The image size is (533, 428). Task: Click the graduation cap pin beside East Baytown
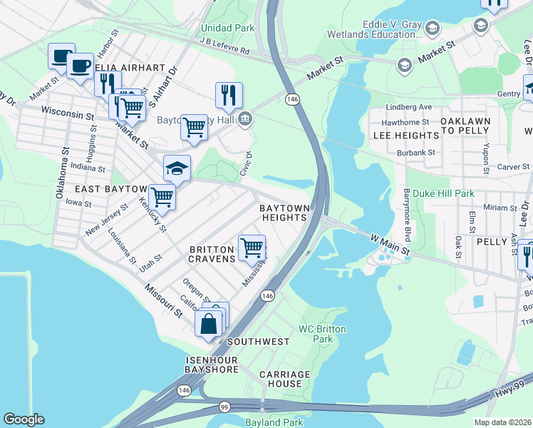point(177,168)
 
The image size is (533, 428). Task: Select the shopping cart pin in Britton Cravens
point(252,248)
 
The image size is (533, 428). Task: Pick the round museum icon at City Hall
point(245,118)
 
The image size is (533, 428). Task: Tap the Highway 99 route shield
point(224,406)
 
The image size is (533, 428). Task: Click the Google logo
point(24,419)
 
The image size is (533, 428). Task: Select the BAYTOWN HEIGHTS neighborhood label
point(284,212)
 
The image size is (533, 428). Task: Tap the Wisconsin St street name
point(68,113)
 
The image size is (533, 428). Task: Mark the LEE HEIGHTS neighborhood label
point(405,135)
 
